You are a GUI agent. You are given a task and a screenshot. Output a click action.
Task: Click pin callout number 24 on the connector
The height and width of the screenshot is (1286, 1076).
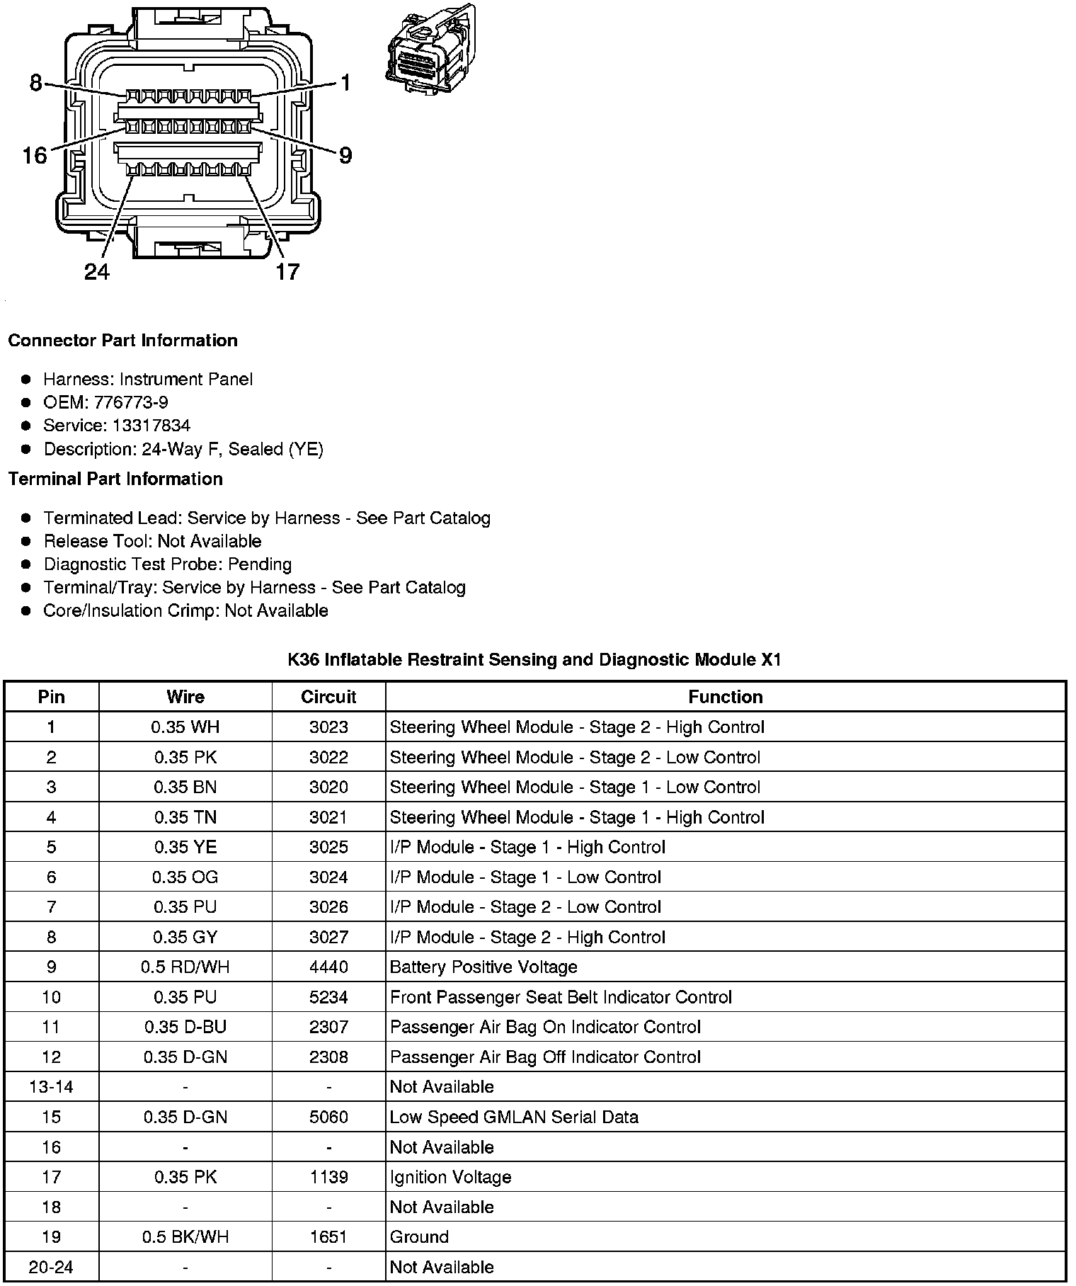coord(97,271)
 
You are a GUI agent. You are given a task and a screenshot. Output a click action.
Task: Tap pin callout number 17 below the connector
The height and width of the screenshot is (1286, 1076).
coord(287,271)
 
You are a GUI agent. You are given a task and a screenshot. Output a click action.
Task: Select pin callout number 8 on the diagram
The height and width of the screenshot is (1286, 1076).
coord(36,83)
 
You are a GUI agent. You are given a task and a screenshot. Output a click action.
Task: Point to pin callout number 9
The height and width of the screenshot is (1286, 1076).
coord(345,155)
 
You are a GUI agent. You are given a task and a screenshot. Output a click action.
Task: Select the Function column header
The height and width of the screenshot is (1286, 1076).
coord(725,697)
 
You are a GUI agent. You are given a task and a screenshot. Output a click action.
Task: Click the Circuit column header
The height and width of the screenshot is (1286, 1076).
coord(328,697)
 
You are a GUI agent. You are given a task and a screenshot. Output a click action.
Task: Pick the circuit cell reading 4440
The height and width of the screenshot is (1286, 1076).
coord(328,967)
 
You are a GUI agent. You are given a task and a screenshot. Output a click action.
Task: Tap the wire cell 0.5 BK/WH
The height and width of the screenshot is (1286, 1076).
coord(185,1236)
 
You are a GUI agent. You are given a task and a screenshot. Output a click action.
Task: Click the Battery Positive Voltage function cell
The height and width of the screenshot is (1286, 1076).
coord(483,967)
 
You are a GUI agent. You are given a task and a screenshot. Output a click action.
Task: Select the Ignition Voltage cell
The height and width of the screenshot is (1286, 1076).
coord(450,1177)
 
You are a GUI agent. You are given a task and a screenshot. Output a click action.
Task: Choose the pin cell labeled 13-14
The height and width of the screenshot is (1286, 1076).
coord(51,1087)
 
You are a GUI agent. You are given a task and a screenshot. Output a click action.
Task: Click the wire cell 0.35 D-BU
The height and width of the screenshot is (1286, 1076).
coord(185,1027)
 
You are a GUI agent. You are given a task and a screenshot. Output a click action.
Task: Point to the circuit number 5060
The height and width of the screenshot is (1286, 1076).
coord(328,1117)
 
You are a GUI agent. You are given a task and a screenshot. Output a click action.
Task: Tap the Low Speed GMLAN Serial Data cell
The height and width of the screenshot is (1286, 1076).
coord(514,1117)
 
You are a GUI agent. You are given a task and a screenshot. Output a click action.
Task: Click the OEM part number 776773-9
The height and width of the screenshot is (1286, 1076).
coord(131,402)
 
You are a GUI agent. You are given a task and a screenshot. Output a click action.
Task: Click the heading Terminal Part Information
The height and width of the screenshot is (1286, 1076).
coord(115,479)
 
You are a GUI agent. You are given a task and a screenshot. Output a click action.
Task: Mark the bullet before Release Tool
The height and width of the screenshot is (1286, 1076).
coord(27,542)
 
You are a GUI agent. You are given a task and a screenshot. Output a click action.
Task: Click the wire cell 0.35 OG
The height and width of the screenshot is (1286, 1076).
coord(185,877)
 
